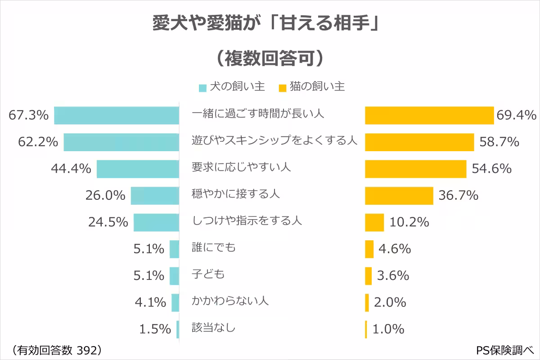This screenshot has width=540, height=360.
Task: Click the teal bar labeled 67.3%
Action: pos(117,115)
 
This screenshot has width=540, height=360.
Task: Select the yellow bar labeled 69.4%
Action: pos(429,115)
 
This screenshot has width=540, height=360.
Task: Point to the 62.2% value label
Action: pos(38,142)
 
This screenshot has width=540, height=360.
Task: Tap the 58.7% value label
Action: pos(499,142)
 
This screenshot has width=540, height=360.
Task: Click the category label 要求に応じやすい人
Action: pos(242,167)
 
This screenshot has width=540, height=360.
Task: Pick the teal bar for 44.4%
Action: pos(138,169)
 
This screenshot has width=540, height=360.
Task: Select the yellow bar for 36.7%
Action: pos(399,195)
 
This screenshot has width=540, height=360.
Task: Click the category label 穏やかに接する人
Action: pos(236,194)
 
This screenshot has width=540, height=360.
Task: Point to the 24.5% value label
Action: pos(108,222)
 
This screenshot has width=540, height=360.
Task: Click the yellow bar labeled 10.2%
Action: pos(374,222)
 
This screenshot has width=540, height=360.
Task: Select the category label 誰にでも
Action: pos(214,247)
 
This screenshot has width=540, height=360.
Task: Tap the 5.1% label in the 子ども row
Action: pos(149,275)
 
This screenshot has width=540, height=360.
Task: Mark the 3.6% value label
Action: pos(393,275)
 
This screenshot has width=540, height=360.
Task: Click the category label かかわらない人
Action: pos(230,301)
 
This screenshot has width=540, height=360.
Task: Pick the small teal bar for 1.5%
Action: pos(178,329)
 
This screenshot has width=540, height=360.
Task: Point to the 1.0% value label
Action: pos(389,329)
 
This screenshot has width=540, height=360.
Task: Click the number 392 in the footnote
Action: pos(86,350)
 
